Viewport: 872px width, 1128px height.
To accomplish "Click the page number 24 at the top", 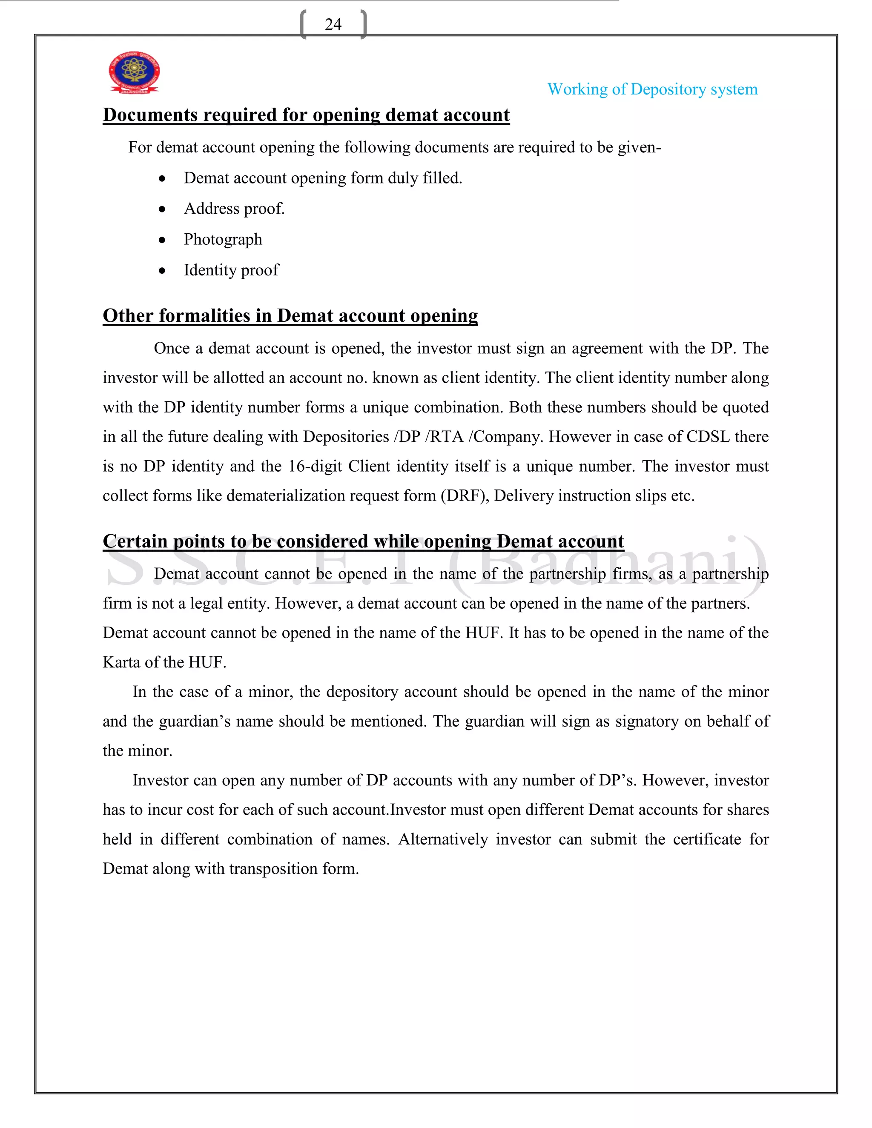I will tap(333, 24).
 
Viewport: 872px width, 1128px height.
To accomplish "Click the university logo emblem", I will tap(134, 72).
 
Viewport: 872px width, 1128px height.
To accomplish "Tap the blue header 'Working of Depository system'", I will tap(652, 89).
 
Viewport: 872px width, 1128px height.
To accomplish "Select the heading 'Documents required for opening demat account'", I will tap(306, 115).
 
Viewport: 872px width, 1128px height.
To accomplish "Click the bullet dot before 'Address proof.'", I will tap(162, 209).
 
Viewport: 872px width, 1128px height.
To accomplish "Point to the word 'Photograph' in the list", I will tap(223, 239).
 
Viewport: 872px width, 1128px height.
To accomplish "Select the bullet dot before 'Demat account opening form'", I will tap(162, 179).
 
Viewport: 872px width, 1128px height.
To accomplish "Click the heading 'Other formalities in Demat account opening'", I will tap(290, 315).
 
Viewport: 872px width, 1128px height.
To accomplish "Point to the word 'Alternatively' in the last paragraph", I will tap(443, 839).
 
